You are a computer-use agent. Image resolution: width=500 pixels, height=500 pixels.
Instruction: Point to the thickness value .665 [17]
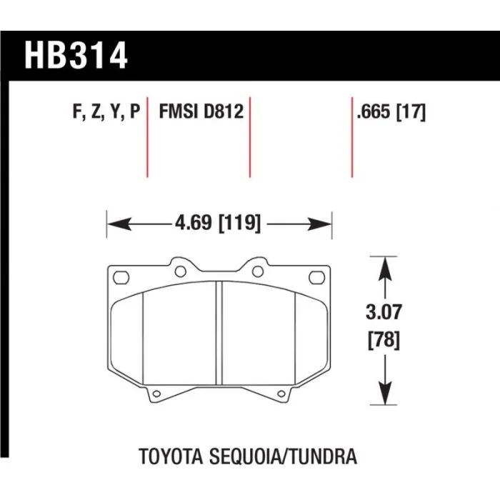pyautogui.click(x=389, y=112)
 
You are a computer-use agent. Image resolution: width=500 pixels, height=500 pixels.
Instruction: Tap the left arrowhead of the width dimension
pyautogui.click(x=115, y=225)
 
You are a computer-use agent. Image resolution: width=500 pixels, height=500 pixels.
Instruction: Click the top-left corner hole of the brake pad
pyautogui.click(x=121, y=276)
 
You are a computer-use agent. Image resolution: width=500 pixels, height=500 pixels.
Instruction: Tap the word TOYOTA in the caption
pyautogui.click(x=171, y=454)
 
